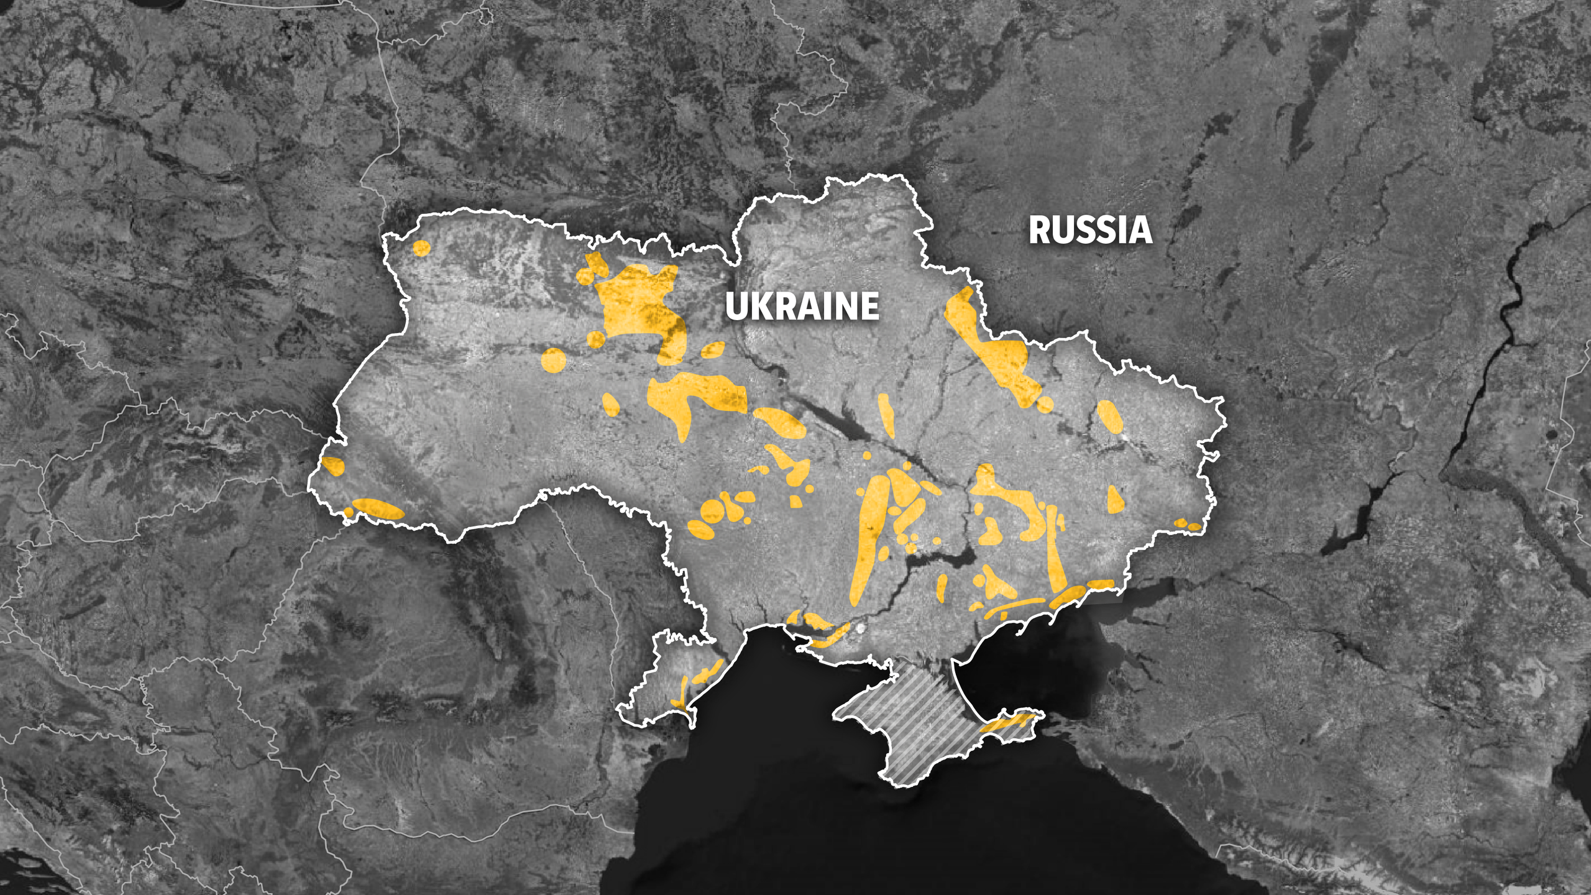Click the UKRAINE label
(802, 306)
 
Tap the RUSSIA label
(1090, 230)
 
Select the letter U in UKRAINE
(738, 306)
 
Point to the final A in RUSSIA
(1140, 230)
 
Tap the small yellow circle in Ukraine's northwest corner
(421, 249)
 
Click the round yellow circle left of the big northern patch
(553, 360)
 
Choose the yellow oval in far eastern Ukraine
(1109, 416)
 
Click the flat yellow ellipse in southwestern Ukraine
(378, 508)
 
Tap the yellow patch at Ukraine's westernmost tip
(333, 466)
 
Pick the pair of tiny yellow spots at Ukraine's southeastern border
(1187, 525)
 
